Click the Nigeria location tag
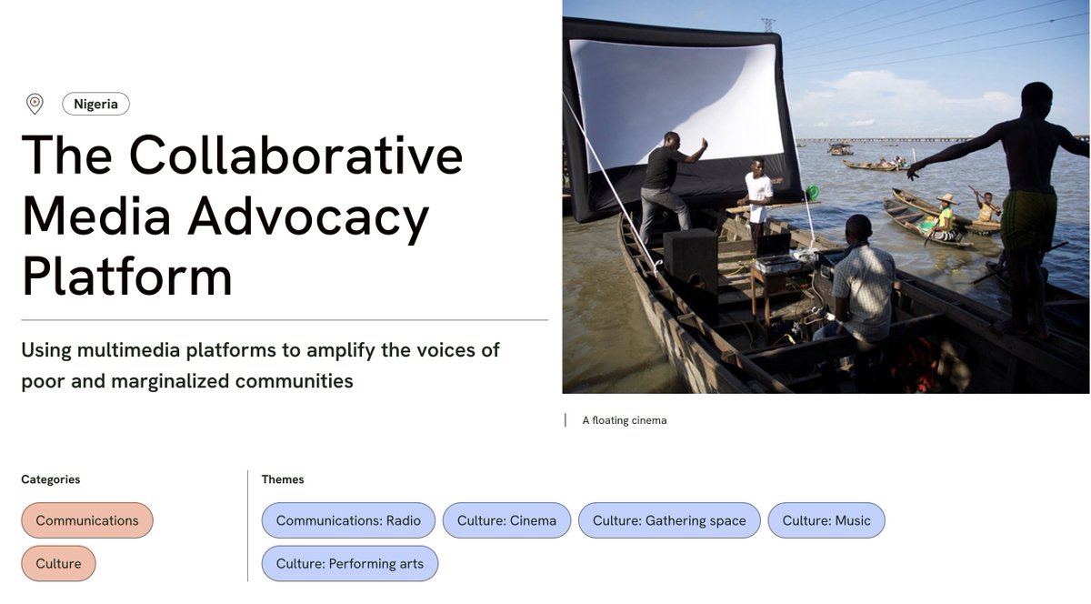coord(95,104)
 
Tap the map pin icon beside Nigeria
coord(35,104)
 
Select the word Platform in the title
coord(127,277)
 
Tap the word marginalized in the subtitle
coord(170,380)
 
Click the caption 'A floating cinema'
coord(625,420)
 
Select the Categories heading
coord(51,479)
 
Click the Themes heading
coord(283,479)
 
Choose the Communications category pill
coord(87,520)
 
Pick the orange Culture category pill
coord(58,564)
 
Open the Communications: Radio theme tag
coord(348,520)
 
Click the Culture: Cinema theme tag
coord(506,520)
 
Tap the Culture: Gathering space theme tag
coord(669,520)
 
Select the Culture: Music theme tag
coord(826,520)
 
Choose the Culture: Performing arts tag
coord(350,564)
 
